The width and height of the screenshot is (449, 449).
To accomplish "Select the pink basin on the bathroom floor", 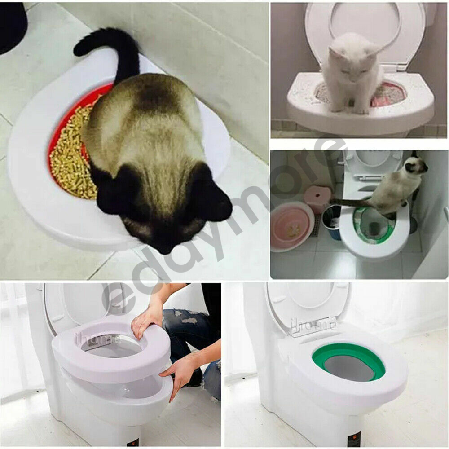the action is click(x=292, y=226).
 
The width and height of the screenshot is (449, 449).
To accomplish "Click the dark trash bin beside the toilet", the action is click(x=332, y=220).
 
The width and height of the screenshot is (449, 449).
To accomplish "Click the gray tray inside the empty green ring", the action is click(x=349, y=369).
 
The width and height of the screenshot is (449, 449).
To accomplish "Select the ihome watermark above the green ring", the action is click(x=313, y=325).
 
